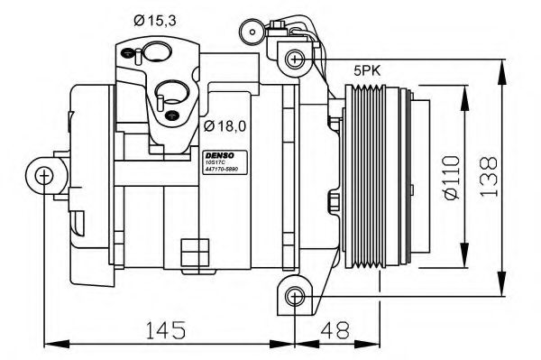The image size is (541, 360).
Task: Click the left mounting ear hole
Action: (x=44, y=175)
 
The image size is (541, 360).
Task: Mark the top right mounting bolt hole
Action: (x=294, y=60)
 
